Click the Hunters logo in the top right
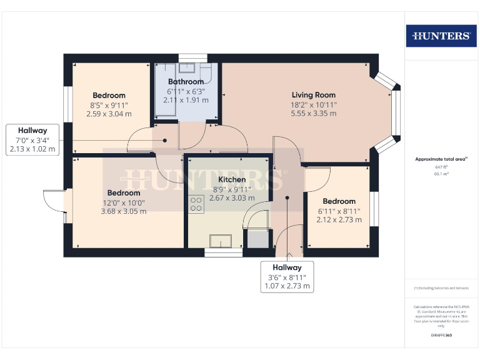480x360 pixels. click(x=441, y=36)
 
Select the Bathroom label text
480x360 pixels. click(x=186, y=82)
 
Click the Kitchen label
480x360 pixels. click(x=231, y=179)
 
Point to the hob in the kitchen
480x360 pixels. click(x=196, y=203)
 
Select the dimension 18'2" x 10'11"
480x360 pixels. click(x=313, y=104)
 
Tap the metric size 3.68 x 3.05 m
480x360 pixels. click(x=124, y=211)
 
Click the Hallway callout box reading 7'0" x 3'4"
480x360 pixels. click(x=32, y=140)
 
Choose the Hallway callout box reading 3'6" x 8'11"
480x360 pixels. click(x=286, y=277)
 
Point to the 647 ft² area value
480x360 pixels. click(x=441, y=167)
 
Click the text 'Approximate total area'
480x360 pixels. click(x=441, y=159)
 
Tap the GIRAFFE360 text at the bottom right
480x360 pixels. click(x=441, y=336)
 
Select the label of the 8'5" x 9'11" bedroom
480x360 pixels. click(x=109, y=96)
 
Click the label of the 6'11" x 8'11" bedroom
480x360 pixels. click(x=339, y=201)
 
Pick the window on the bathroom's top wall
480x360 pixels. click(x=188, y=58)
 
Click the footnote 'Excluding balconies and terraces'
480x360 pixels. click(x=441, y=288)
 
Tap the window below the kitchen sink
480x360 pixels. click(x=223, y=253)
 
